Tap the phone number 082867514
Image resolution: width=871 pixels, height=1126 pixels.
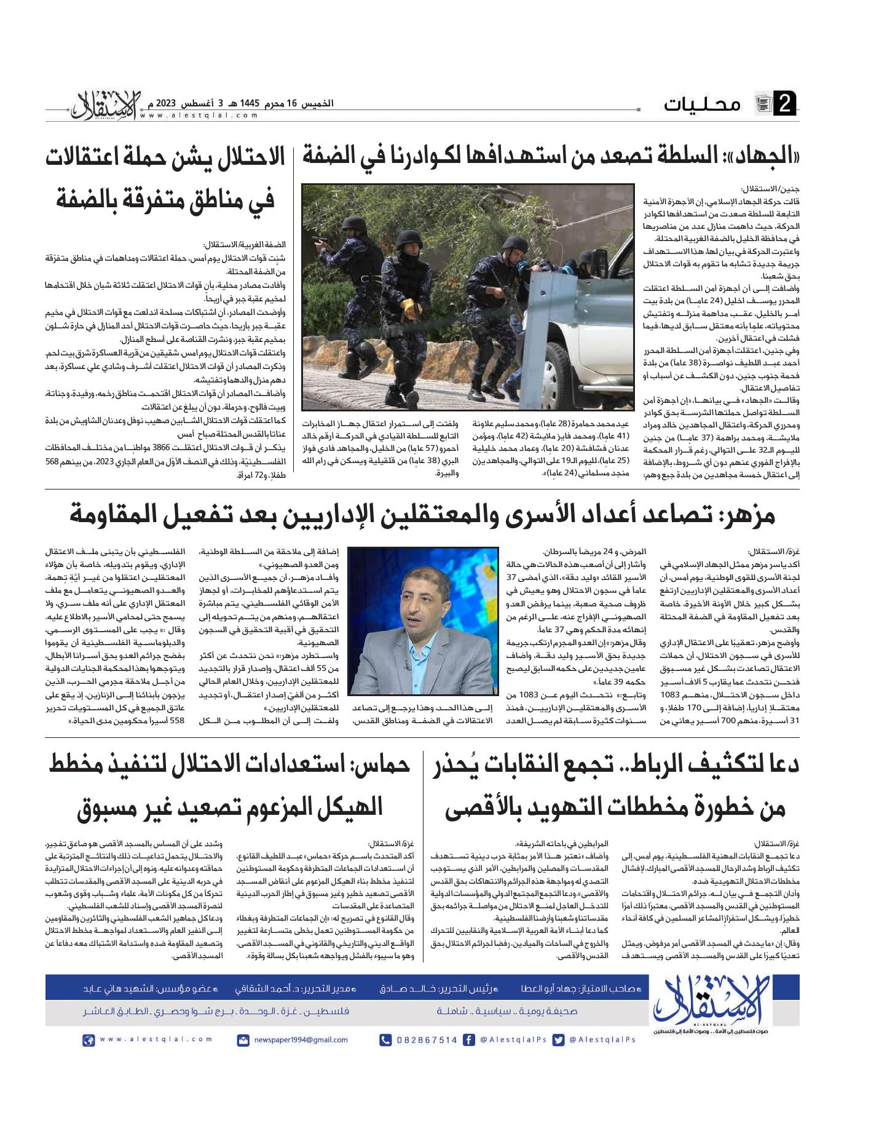point(427,1040)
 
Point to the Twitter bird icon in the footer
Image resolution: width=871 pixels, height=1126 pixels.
point(558,1040)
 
